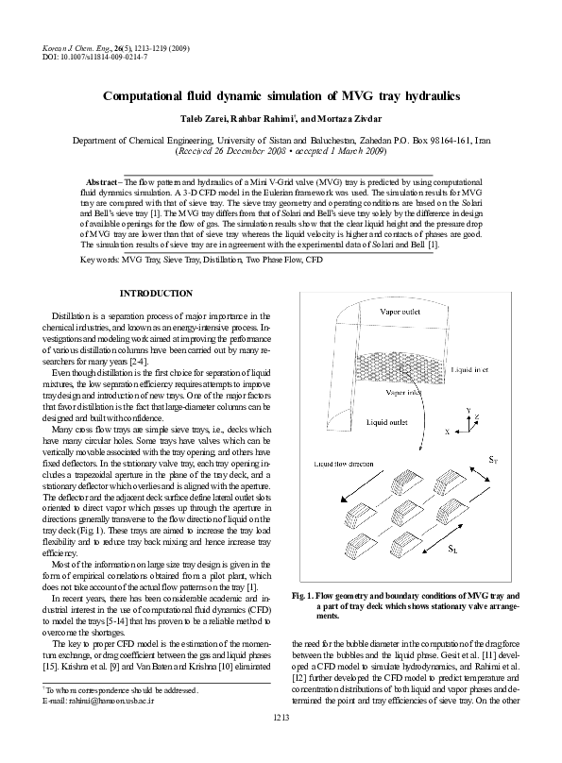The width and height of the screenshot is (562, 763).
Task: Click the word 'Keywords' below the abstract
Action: click(x=99, y=257)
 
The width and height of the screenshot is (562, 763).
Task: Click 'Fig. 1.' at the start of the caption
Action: click(x=308, y=597)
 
